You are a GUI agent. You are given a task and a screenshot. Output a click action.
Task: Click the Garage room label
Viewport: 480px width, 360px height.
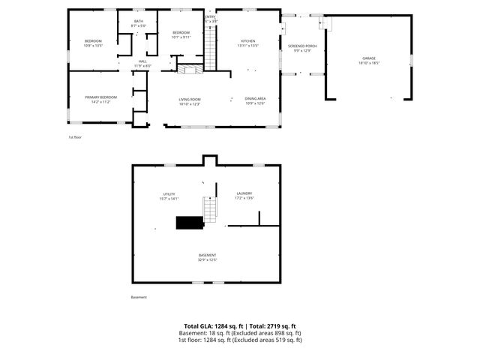[369, 58]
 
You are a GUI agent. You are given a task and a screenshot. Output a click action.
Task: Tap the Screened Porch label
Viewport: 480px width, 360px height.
[302, 46]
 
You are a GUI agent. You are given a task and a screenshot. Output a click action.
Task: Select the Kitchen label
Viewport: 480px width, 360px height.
[248, 40]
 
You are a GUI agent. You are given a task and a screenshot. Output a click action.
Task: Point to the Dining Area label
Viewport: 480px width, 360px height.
[256, 98]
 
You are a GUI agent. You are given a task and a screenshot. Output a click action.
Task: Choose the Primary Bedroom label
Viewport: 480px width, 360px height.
[100, 97]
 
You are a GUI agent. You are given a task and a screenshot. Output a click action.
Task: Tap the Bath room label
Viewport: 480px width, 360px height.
[139, 21]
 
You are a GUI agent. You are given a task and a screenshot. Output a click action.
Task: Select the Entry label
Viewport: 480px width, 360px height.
[210, 16]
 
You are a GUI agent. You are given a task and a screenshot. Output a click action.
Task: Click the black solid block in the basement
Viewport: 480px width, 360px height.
[190, 222]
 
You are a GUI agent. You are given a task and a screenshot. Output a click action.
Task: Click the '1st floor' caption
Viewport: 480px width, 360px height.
[74, 138]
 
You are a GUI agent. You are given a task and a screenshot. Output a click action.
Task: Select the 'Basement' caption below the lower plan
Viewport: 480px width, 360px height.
[139, 297]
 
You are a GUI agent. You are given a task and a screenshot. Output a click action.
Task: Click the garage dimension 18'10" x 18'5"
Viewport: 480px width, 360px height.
[369, 64]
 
